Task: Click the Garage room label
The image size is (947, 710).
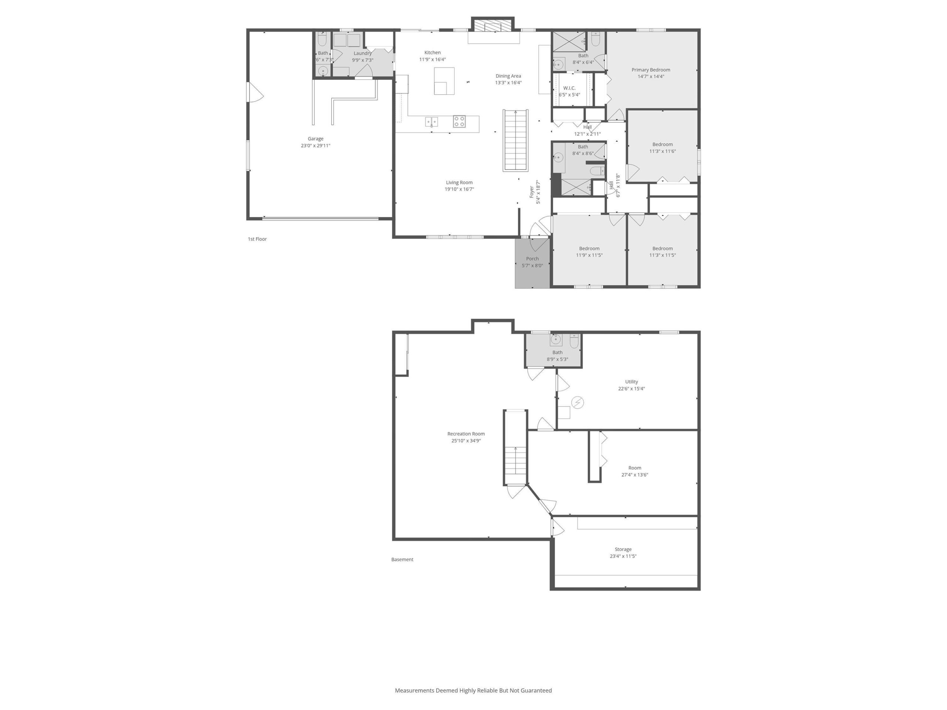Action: [x=316, y=139]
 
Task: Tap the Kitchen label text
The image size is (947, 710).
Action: [x=432, y=53]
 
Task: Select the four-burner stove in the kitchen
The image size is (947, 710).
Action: [x=459, y=122]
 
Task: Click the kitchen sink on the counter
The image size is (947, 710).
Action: [x=432, y=122]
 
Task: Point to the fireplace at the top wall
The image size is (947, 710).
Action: [x=492, y=25]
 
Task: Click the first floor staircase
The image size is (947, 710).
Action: [x=515, y=141]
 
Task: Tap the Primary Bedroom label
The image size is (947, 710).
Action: [x=651, y=70]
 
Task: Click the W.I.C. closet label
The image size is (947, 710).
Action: [x=569, y=88]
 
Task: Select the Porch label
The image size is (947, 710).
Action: [x=532, y=258]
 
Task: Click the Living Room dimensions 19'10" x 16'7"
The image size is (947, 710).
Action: [x=459, y=189]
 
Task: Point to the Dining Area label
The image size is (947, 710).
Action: [x=508, y=76]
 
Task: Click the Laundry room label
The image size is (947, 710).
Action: [x=363, y=54]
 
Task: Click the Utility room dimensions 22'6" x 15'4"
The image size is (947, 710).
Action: [x=631, y=389]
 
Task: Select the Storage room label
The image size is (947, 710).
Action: [x=623, y=549]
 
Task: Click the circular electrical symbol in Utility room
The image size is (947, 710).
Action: [x=577, y=403]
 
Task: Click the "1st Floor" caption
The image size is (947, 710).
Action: [x=257, y=239]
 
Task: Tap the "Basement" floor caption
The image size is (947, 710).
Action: [x=402, y=559]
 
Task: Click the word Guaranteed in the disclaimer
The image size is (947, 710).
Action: [x=536, y=690]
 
